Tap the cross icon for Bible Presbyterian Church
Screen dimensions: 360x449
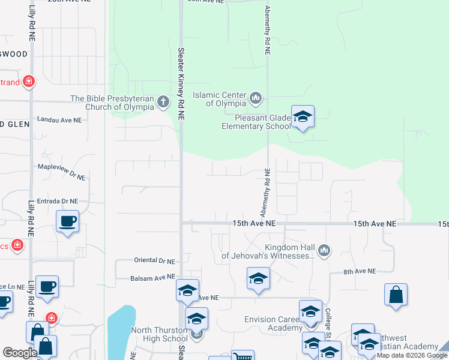(163, 102)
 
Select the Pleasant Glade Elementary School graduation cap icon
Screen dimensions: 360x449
(303, 117)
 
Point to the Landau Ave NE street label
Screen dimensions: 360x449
(59, 120)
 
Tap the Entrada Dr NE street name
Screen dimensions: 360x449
(58, 201)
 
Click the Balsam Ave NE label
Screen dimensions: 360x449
(152, 278)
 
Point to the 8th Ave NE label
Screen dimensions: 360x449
(360, 271)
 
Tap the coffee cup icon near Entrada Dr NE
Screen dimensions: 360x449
(67, 220)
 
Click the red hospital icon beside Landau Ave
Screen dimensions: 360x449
(28, 81)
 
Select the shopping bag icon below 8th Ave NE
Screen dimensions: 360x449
(396, 295)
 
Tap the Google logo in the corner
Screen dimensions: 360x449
(20, 353)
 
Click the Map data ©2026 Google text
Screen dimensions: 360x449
(412, 355)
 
